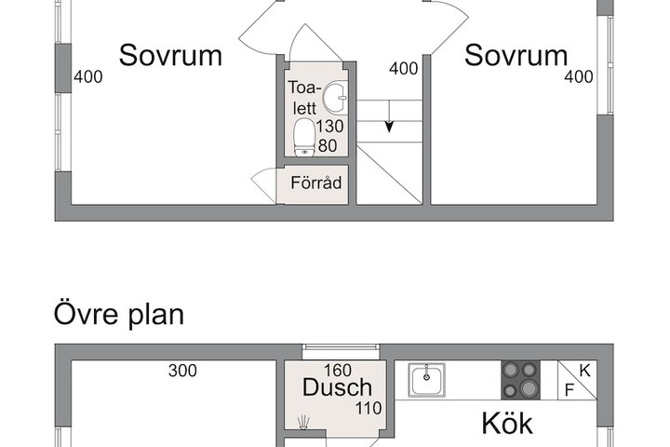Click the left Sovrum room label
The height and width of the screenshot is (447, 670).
tap(170, 55)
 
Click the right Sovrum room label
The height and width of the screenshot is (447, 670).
tap(516, 55)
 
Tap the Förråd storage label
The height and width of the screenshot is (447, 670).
tap(316, 183)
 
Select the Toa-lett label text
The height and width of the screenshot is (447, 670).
tap(304, 98)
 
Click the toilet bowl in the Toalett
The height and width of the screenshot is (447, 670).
tap(304, 137)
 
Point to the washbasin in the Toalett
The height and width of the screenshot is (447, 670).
tap(335, 98)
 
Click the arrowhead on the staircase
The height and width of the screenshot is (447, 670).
tap(389, 127)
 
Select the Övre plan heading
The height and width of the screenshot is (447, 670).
tap(119, 315)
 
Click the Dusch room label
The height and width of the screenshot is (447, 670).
tap(337, 387)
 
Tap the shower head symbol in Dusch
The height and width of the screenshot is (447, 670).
tap(303, 422)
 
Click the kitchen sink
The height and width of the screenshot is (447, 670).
tap(426, 380)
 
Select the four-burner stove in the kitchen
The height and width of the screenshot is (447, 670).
tap(520, 380)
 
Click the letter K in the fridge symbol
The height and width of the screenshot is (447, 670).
tap(584, 371)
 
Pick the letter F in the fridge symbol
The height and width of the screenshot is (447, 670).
tap(569, 390)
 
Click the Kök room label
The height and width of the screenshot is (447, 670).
tap(507, 424)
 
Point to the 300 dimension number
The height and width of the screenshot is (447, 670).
tap(182, 371)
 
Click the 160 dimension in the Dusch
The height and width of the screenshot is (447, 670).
tap(338, 370)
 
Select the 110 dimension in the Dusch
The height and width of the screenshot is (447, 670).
tap(368, 408)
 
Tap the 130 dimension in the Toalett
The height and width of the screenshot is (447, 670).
tap(329, 127)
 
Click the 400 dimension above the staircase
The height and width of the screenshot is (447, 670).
tap(403, 68)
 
